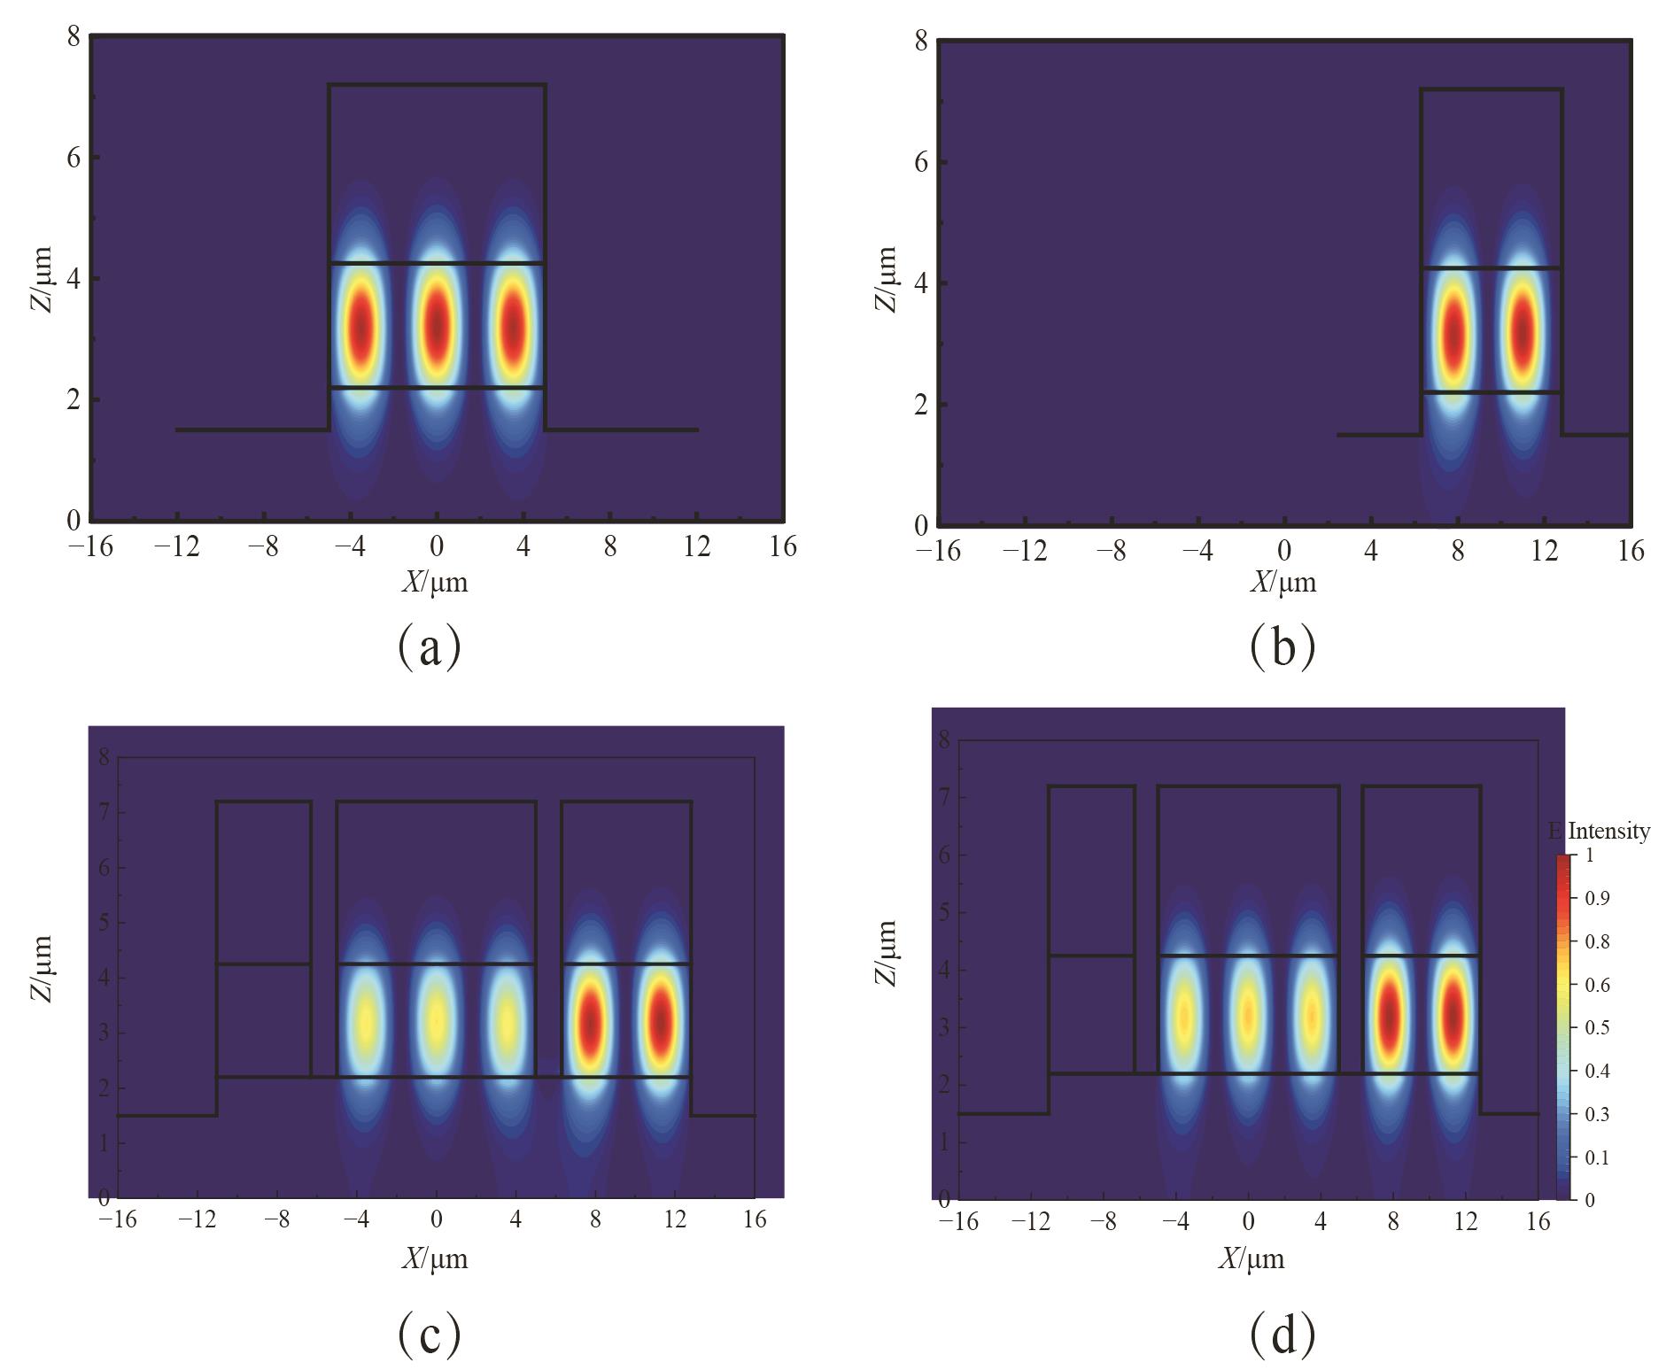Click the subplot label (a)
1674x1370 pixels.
coord(430,647)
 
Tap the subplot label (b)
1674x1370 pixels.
coord(1282,647)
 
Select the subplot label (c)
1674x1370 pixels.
coord(430,1335)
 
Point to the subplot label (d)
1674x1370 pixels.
coord(1282,1335)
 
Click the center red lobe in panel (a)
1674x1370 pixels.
coord(437,326)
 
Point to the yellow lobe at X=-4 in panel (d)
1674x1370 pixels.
coord(1183,1016)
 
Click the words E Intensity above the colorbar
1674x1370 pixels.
coord(1600,831)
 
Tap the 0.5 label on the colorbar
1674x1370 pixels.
coord(1598,1027)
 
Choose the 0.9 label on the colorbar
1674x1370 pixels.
coord(1598,898)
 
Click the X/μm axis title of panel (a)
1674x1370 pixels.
coord(434,582)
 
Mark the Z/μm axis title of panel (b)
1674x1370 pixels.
coord(887,279)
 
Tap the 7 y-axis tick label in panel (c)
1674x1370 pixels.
coord(105,812)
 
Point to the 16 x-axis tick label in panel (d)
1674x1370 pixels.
coord(1538,1222)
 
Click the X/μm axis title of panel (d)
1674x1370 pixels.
coord(1250,1258)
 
